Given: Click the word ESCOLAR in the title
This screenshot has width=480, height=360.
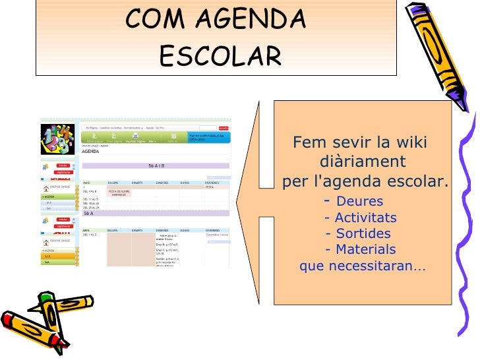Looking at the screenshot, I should tap(220, 56).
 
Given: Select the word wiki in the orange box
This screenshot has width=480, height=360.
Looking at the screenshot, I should tap(410, 143).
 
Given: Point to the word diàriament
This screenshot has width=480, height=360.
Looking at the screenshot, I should tap(362, 162).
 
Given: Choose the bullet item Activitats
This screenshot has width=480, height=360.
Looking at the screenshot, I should tap(365, 218).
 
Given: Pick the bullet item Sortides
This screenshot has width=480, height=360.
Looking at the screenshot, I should tap(363, 233).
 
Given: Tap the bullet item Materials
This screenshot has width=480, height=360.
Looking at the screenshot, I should tap(365, 249).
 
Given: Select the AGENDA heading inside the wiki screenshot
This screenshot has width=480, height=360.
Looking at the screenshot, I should tap(90, 151).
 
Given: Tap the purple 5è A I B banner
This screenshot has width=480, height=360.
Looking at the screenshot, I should tap(156, 166).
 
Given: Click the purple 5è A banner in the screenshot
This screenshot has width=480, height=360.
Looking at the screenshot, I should tap(88, 214).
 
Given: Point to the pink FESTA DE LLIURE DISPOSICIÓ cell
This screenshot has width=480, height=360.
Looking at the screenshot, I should tap(119, 193).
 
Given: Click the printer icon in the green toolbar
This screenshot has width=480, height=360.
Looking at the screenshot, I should tap(135, 136).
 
